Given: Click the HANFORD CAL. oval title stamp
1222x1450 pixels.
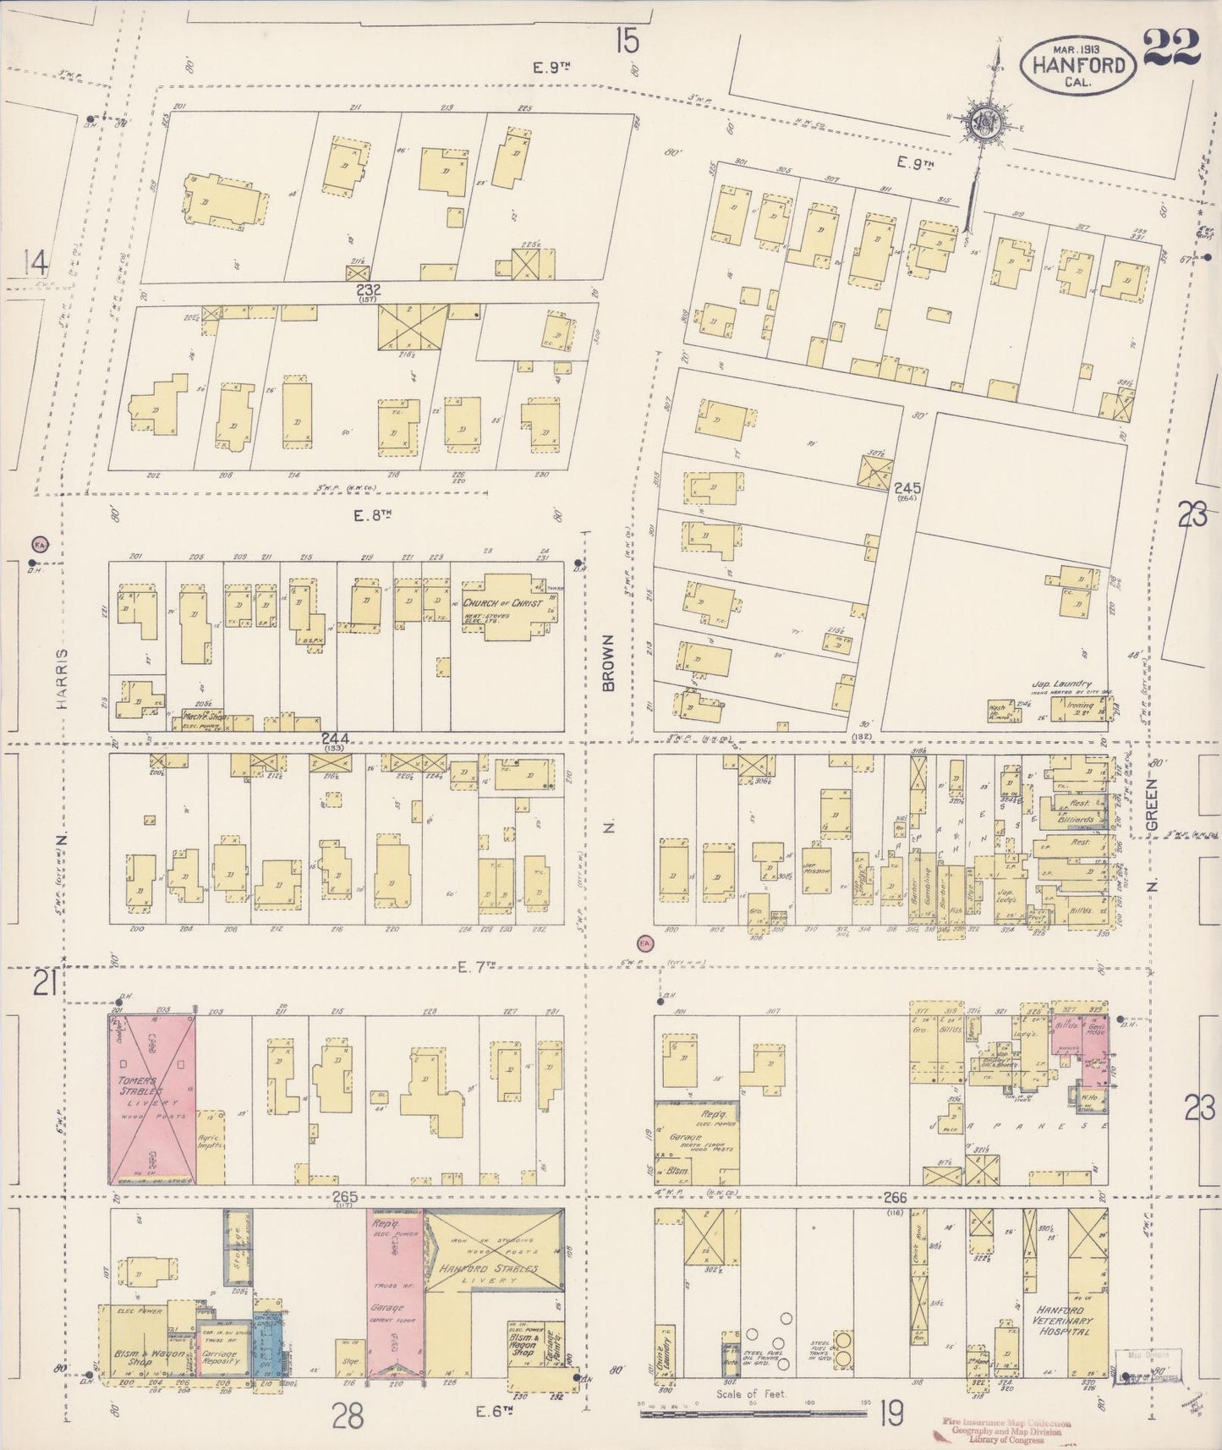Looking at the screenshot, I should click(x=1077, y=65).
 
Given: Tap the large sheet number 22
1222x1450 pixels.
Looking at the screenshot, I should click(x=1171, y=47).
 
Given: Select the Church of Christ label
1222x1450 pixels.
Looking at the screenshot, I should click(x=501, y=604).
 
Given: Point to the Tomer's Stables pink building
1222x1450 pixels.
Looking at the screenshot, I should click(x=152, y=1100).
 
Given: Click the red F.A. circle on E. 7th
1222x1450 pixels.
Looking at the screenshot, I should click(x=645, y=942).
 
